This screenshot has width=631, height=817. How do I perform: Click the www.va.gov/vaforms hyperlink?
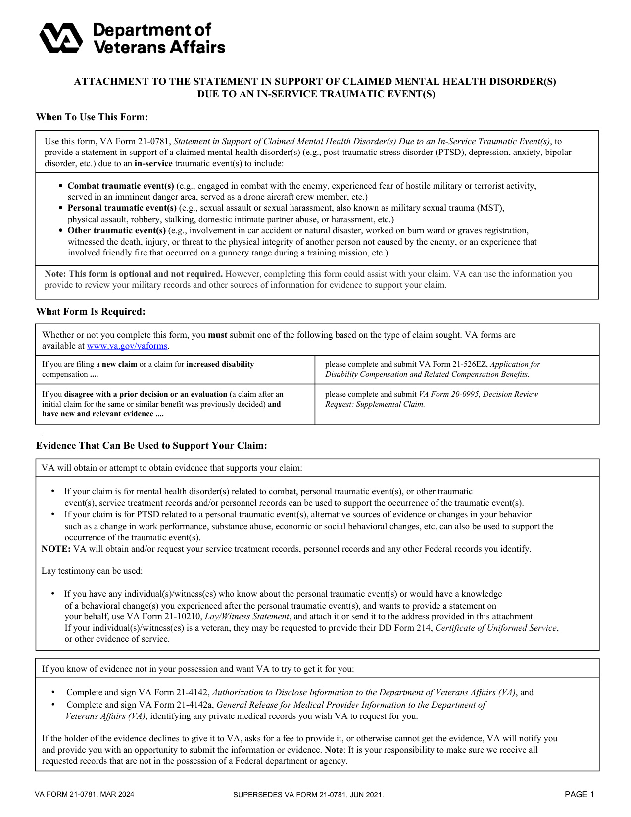coord(127,346)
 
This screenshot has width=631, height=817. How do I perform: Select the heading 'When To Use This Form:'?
coord(92,117)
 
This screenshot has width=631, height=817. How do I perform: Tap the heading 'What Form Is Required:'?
coord(91,312)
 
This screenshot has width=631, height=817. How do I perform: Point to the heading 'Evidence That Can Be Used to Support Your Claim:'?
coord(151,446)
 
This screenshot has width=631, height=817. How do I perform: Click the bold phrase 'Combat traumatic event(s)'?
coord(120,186)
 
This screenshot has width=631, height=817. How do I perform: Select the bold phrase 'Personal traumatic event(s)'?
coord(122,208)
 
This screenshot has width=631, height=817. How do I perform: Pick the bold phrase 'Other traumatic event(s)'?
coord(116,231)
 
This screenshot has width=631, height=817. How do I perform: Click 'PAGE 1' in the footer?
coord(579,795)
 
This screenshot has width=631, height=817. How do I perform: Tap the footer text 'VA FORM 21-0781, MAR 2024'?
coord(84,795)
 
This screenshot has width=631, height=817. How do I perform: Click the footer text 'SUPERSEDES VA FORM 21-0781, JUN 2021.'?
coord(308,795)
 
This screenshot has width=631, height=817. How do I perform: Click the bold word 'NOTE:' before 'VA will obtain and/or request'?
coord(56,549)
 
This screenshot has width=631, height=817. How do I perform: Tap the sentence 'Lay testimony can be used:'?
coord(92,571)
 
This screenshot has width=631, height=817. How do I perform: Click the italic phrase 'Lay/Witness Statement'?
coord(246,617)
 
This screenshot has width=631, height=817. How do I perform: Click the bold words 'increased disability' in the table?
coord(220,364)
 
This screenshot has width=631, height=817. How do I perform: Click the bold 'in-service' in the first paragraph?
coord(153,164)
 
